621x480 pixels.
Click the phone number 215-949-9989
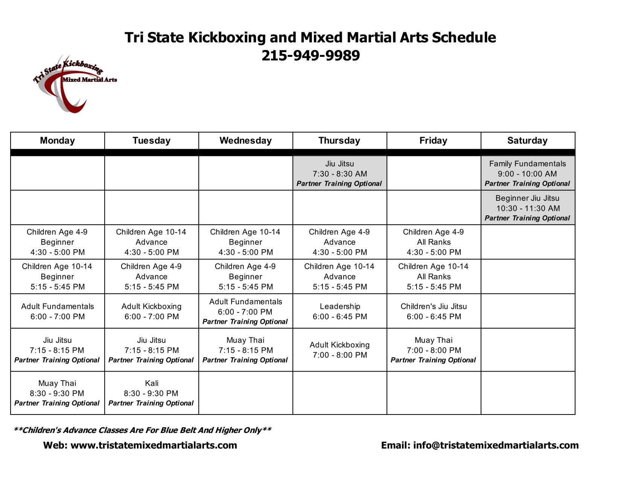point(310,56)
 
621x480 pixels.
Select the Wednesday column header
point(245,141)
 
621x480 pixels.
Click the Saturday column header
point(527,141)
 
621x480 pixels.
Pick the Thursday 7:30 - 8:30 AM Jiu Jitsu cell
point(339,174)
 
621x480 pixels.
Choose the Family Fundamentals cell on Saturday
point(527,174)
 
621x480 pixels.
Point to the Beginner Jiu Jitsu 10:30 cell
point(527,208)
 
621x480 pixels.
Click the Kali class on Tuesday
point(151,393)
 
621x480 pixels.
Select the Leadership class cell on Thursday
point(339,311)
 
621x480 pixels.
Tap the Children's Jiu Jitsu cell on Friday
point(434,311)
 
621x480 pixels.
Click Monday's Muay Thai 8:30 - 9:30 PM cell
point(57,393)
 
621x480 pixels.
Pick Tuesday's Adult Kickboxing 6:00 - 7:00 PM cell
point(151,311)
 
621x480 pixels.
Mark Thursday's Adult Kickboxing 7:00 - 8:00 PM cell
point(339,350)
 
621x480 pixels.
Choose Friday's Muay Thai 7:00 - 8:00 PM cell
point(434,350)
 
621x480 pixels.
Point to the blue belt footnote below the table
point(142,430)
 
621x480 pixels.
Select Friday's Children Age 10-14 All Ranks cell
point(434,276)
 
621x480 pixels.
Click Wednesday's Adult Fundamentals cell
point(245,311)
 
